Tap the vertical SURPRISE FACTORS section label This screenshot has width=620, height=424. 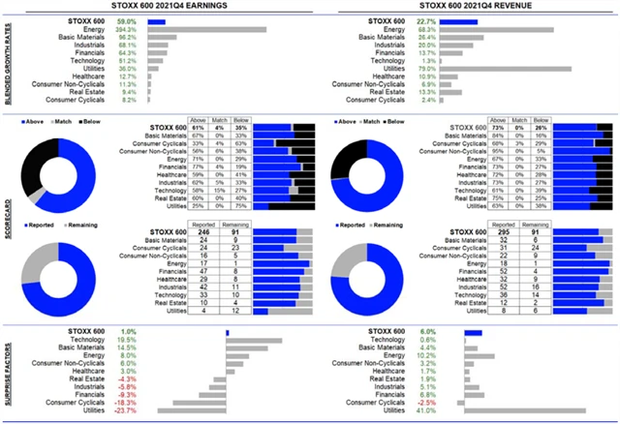click(x=7, y=370)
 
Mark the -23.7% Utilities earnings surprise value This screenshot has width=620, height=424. click(x=126, y=410)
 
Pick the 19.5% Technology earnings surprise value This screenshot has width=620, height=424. click(x=127, y=341)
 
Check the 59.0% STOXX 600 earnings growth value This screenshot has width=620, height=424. click(x=127, y=19)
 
